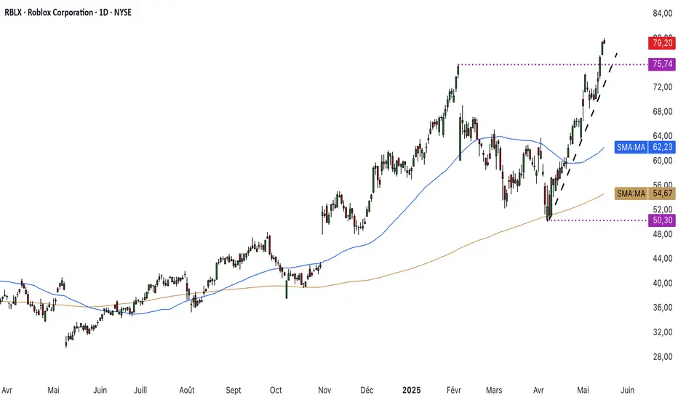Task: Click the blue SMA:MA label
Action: click(x=630, y=148)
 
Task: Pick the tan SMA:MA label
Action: click(x=630, y=193)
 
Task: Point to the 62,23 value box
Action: click(x=661, y=148)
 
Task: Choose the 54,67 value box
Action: click(x=661, y=193)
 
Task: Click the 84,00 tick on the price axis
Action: click(x=661, y=14)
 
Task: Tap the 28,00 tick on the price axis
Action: click(x=661, y=356)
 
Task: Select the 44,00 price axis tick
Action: click(x=661, y=258)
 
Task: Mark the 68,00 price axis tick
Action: click(x=661, y=111)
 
